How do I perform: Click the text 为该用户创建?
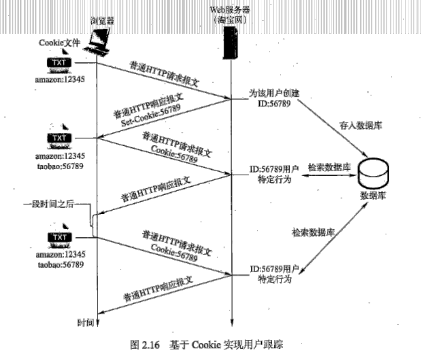click(274, 93)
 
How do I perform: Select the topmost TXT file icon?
click(59, 63)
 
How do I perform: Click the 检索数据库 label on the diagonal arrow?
click(312, 233)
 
